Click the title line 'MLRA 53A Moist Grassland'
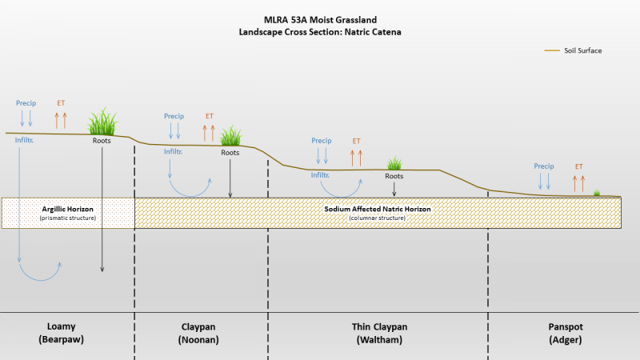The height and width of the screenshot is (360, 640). pyautogui.click(x=320, y=19)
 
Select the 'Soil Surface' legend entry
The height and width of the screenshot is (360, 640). pyautogui.click(x=573, y=50)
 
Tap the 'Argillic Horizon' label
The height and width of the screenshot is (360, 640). pyautogui.click(x=68, y=209)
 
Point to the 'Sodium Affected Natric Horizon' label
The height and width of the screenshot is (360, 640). pyautogui.click(x=378, y=209)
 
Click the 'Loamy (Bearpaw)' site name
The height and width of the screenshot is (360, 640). pyautogui.click(x=62, y=333)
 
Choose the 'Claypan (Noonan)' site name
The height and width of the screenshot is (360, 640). pyautogui.click(x=198, y=333)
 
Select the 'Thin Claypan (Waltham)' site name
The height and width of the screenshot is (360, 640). pyautogui.click(x=379, y=333)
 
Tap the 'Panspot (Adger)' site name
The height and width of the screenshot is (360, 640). pyautogui.click(x=566, y=333)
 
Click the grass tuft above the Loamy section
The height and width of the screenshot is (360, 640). pyautogui.click(x=102, y=122)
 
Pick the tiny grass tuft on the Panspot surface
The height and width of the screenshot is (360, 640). pyautogui.click(x=597, y=193)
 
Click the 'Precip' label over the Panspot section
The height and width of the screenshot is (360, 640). pyautogui.click(x=544, y=166)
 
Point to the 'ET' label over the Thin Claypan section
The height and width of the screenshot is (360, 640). pyautogui.click(x=356, y=141)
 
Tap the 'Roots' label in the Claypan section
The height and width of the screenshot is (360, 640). pyautogui.click(x=230, y=153)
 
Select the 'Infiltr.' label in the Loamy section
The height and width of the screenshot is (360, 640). pyautogui.click(x=24, y=140)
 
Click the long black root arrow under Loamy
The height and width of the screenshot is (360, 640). pyautogui.click(x=102, y=210)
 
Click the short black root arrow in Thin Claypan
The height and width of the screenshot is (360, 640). pyautogui.click(x=394, y=190)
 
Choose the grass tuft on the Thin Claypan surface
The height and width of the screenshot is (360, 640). pyautogui.click(x=394, y=164)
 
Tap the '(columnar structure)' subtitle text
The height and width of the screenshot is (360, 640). pyautogui.click(x=377, y=218)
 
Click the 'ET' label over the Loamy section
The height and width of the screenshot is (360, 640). pyautogui.click(x=61, y=103)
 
